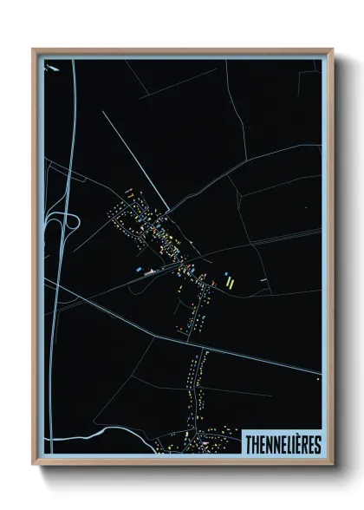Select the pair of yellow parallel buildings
(x=229, y=280)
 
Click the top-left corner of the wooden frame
(x=33, y=49)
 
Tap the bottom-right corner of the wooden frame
(x=332, y=467)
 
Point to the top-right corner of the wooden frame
(x=332, y=49)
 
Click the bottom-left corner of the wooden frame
(x=33, y=467)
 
